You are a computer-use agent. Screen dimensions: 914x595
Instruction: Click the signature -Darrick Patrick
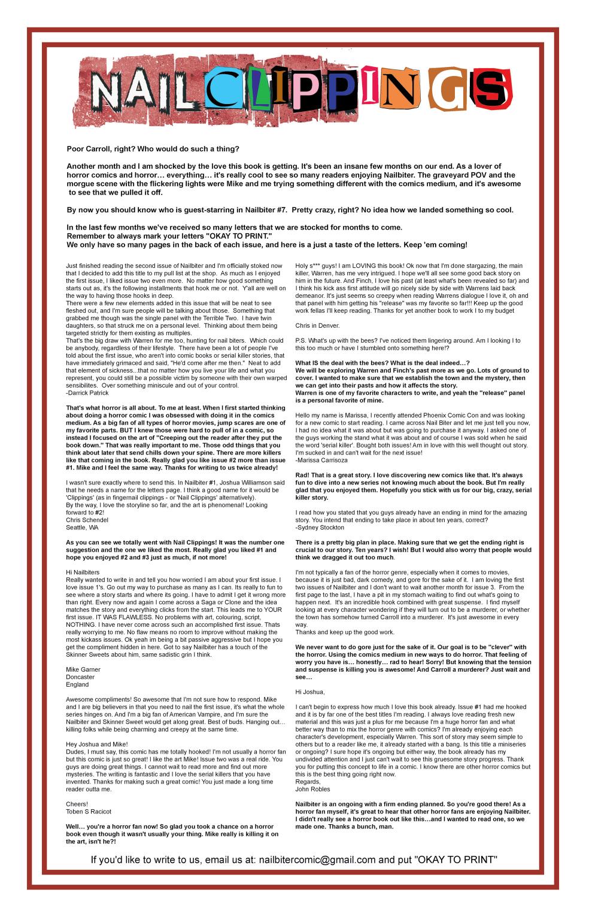(x=88, y=393)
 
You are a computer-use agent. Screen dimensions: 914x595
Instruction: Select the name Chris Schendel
(x=87, y=520)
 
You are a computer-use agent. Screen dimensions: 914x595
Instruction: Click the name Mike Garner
(x=83, y=669)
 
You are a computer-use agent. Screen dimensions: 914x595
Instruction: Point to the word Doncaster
(x=81, y=677)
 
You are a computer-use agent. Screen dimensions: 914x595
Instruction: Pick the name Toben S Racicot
(x=89, y=812)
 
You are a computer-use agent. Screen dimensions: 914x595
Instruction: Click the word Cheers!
(x=77, y=804)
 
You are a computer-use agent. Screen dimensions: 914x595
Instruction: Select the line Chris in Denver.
(x=317, y=325)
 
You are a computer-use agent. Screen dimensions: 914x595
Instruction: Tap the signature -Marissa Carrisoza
(x=321, y=460)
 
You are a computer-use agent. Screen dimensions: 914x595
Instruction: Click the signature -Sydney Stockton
(x=320, y=528)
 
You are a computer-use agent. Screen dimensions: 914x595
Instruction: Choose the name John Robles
(x=314, y=789)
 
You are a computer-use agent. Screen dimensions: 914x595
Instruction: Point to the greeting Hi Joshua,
(x=310, y=692)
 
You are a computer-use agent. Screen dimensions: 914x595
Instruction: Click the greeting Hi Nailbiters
(x=83, y=572)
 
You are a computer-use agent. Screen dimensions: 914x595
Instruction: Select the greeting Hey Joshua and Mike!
(x=97, y=744)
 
